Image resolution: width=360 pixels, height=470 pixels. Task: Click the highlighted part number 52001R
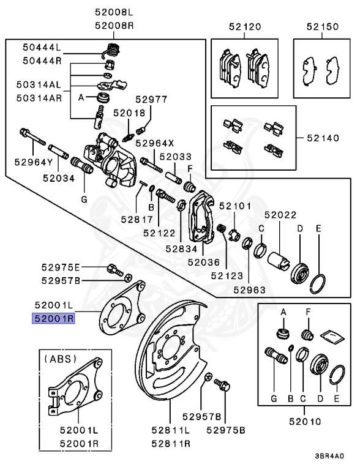(54, 318)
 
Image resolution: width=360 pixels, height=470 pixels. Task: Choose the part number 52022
(280, 215)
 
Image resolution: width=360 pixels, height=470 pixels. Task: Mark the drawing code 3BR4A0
(330, 456)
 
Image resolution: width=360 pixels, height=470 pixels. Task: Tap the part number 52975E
(61, 268)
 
